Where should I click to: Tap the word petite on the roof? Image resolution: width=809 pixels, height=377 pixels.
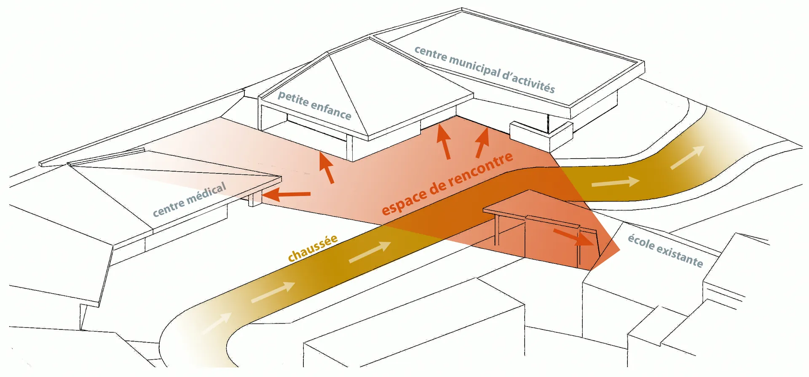(x=293, y=99)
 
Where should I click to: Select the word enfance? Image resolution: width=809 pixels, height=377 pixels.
(x=331, y=110)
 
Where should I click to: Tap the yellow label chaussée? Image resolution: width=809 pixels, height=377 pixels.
(x=313, y=248)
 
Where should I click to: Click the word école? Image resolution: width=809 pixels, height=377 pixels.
(x=641, y=243)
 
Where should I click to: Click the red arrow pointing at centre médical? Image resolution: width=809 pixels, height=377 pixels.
(x=286, y=194)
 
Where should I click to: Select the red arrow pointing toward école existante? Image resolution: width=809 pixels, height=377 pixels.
(x=573, y=237)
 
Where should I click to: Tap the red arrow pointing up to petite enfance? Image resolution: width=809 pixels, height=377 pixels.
(x=326, y=167)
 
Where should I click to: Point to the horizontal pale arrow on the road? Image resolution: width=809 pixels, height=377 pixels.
(x=616, y=182)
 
